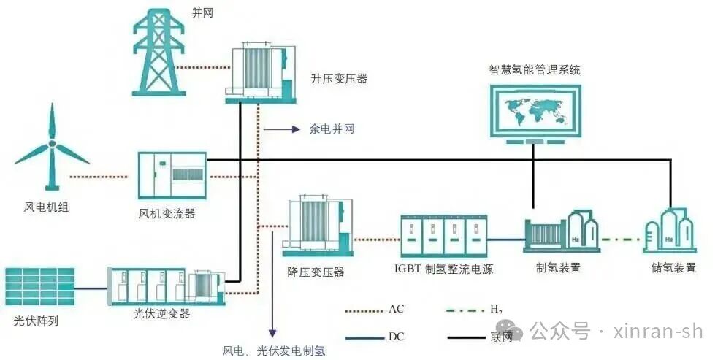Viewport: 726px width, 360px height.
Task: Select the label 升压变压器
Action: pyautogui.click(x=339, y=78)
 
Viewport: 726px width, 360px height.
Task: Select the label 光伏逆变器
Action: pyautogui.click(x=161, y=313)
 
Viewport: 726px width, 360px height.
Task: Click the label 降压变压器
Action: pyautogui.click(x=316, y=272)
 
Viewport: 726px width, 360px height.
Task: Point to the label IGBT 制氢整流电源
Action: pyautogui.click(x=443, y=269)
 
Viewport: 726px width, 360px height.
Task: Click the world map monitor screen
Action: pyautogui.click(x=534, y=111)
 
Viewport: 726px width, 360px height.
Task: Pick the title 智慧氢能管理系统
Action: pyautogui.click(x=535, y=70)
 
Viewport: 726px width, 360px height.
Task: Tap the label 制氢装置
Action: pyautogui.click(x=558, y=267)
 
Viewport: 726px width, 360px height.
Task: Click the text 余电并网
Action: pyautogui.click(x=332, y=129)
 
